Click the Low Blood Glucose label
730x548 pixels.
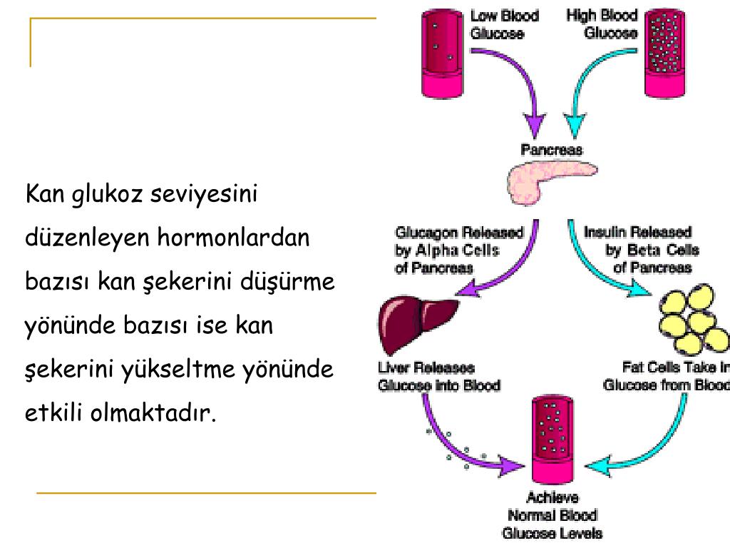[x=504, y=25]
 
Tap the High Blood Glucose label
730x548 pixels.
[x=602, y=25]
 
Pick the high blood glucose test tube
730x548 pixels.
[x=664, y=53]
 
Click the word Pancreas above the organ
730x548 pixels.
[x=551, y=150]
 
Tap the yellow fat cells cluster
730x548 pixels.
[x=692, y=320]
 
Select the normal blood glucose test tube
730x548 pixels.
[x=554, y=439]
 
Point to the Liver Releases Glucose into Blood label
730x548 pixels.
[x=438, y=377]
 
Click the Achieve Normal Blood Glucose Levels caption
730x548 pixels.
[x=552, y=515]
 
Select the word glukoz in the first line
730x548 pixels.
[x=106, y=193]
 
